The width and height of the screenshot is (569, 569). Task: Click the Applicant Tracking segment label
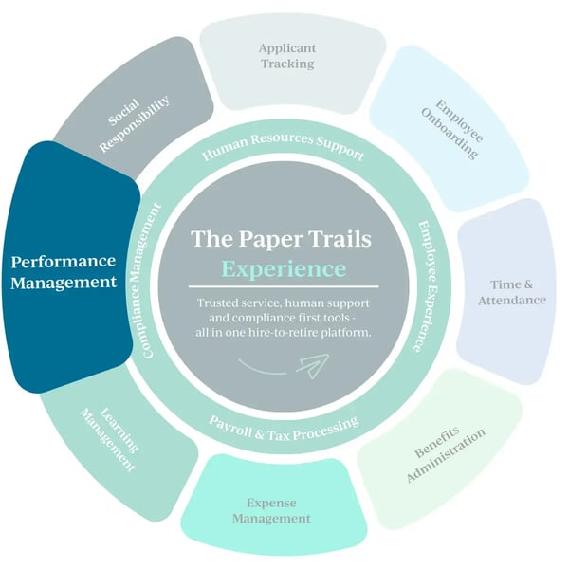click(x=286, y=54)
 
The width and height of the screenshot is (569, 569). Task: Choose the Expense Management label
click(x=278, y=511)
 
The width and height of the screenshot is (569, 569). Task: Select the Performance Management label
click(x=64, y=271)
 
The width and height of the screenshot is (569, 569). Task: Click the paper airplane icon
click(x=311, y=363)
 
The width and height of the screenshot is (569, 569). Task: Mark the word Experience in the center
click(x=284, y=268)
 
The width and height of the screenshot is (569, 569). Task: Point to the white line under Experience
click(x=284, y=286)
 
